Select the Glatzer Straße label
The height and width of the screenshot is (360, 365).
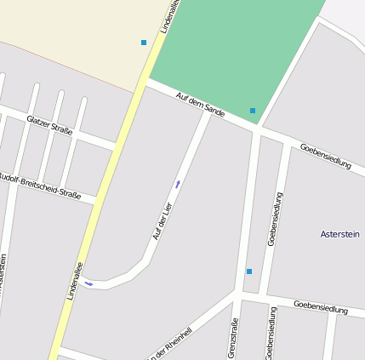point(49,126)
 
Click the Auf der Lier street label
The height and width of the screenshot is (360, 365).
point(162,220)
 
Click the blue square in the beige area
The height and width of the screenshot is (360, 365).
point(144,42)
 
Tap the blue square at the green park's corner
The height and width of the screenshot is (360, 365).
point(253,111)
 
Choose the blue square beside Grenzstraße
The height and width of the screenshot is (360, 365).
point(249,271)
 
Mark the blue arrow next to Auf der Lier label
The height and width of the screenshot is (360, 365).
point(177,183)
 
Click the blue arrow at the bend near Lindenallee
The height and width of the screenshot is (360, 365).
point(88,283)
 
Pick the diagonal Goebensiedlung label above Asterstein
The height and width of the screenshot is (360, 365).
point(325,156)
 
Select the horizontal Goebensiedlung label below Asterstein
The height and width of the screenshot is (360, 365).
point(320,306)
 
